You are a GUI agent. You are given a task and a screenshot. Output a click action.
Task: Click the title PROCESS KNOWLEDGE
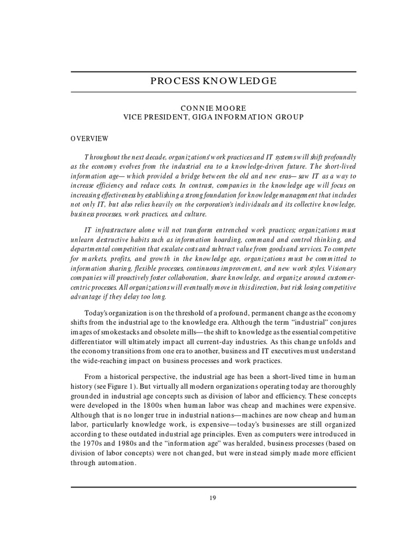click(x=213, y=81)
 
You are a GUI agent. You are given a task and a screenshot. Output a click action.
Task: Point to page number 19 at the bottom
click(x=213, y=497)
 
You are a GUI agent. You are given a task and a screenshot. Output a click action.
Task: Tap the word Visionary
click(x=338, y=269)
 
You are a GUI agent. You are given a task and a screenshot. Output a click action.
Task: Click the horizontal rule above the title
click(x=213, y=72)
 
